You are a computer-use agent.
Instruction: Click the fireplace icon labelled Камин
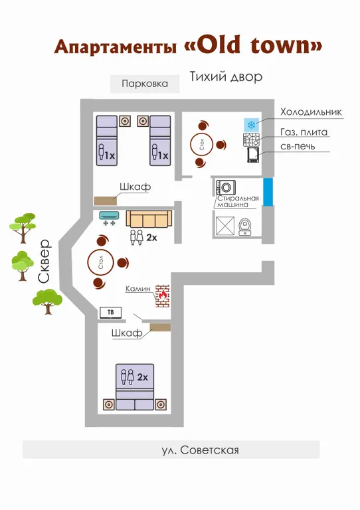162,296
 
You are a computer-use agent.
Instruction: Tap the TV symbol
110,313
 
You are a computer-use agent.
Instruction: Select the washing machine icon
226,188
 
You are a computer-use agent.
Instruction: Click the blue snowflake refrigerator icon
251,125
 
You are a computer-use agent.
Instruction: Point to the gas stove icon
251,139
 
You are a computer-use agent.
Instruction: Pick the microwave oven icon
253,155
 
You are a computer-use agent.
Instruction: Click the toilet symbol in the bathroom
244,226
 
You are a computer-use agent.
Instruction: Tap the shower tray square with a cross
225,225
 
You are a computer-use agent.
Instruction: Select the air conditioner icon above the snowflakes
110,214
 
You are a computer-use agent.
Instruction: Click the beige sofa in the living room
149,218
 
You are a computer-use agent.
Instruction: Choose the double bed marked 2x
135,386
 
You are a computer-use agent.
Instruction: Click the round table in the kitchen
202,143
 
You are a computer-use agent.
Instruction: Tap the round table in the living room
100,262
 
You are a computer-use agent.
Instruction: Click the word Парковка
145,84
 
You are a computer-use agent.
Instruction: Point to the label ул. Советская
201,450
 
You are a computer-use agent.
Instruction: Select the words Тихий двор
226,77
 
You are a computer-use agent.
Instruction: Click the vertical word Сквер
44,262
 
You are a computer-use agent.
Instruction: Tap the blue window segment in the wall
268,192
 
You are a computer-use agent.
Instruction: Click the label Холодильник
311,112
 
